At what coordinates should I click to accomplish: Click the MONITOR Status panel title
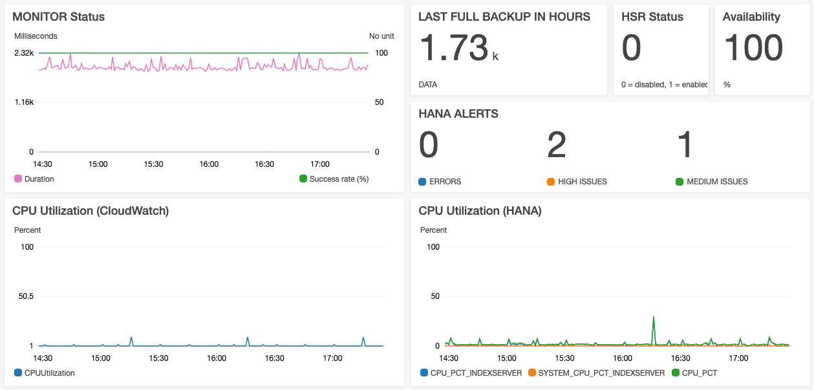58,17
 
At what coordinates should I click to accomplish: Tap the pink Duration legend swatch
18,179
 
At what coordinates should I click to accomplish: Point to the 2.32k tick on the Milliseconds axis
24,53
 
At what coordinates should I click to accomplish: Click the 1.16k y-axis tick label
24,102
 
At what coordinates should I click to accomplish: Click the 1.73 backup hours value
454,49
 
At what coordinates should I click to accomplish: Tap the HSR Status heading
652,17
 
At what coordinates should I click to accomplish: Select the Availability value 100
753,49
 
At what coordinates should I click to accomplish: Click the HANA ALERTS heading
458,114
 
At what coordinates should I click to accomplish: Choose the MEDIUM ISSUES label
717,182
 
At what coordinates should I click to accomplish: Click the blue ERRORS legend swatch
423,182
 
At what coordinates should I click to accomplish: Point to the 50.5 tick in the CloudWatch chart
25,296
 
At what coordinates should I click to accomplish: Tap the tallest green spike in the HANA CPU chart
654,318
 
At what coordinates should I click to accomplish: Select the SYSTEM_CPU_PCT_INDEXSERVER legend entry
601,373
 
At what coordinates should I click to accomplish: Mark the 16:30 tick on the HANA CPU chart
681,358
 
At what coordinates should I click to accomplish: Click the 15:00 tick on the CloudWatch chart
101,358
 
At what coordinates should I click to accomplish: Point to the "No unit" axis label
381,36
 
